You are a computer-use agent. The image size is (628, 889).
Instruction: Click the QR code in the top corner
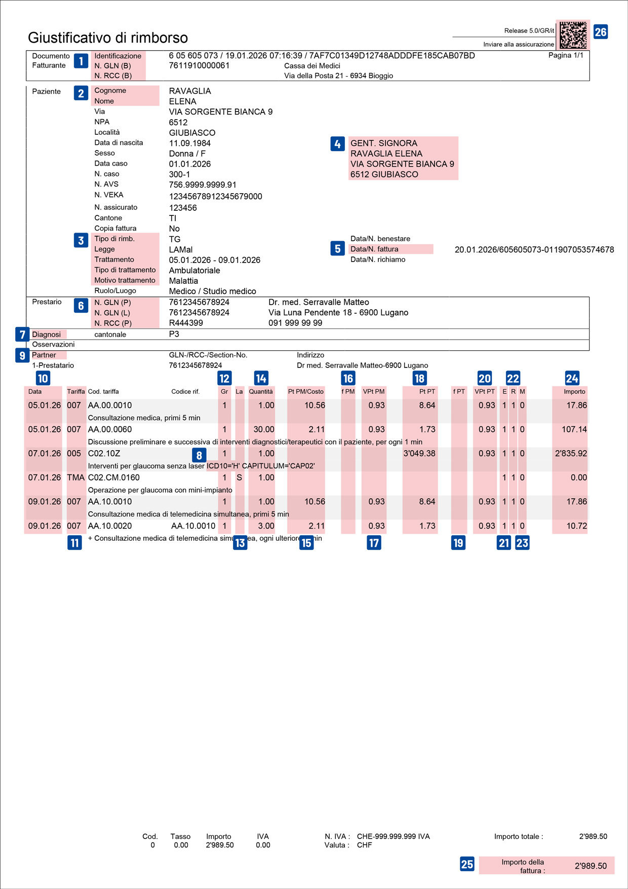coord(573,35)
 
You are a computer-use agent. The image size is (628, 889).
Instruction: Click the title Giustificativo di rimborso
coord(108,38)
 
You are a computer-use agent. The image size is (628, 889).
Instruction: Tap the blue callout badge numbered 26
coord(600,32)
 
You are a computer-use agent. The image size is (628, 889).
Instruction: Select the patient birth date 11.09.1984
coord(190,143)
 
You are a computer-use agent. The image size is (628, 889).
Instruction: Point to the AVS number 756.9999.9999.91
coord(203,185)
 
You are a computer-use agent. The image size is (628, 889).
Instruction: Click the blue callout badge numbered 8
coord(199,455)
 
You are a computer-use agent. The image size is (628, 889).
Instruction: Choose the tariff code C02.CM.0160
coord(113,477)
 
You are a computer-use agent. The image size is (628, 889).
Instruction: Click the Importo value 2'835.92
coord(571,454)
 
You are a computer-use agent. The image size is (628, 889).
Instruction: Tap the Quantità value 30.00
coord(263,429)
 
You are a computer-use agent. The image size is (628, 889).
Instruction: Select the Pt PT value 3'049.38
coord(419,454)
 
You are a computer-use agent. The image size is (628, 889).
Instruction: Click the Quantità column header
coord(261,392)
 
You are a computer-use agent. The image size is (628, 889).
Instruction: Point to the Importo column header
coord(574,392)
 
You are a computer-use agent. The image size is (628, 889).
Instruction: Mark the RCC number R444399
coord(186,323)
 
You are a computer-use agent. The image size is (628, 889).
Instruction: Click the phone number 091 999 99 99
coord(295,323)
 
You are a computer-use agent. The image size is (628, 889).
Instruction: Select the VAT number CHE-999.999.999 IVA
coord(393,836)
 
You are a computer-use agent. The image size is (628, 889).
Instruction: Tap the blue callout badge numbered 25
coord(467,864)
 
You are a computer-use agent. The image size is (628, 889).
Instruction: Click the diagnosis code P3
coord(174,335)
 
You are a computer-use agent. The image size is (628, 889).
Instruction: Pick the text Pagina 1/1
coord(565,55)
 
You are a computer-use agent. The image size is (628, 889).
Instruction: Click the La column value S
coord(239,477)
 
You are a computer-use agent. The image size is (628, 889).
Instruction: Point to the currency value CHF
coord(364,845)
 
